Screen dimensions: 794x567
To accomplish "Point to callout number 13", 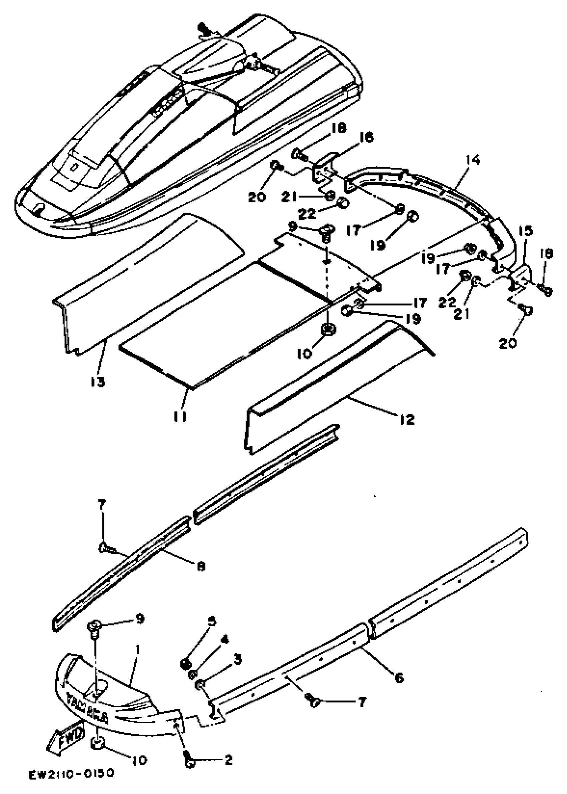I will click(x=98, y=382).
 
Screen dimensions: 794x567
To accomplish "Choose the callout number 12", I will click(x=407, y=420).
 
